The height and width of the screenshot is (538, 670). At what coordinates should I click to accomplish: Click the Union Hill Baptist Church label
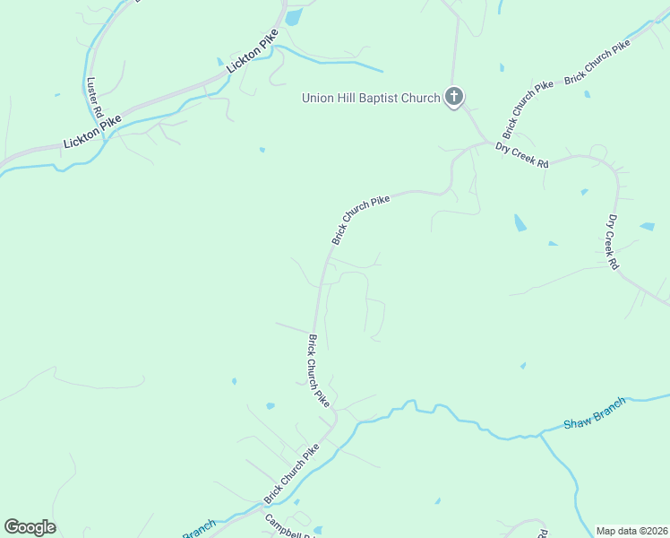371,98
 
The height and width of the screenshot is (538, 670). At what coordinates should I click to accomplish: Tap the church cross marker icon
454,97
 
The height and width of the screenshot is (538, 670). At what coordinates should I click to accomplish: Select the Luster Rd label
92,98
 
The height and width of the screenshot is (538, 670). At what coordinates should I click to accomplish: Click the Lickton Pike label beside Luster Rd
91,132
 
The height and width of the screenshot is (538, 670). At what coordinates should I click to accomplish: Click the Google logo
30,527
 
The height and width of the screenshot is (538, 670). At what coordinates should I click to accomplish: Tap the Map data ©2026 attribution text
631,531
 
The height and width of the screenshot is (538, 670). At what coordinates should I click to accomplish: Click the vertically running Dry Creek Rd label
613,242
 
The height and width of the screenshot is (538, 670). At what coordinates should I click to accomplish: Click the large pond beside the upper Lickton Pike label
294,16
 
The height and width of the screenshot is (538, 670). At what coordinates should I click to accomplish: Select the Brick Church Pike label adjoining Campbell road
291,473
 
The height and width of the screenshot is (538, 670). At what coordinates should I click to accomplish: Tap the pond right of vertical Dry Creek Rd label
647,227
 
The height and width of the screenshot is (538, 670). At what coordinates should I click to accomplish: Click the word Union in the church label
317,98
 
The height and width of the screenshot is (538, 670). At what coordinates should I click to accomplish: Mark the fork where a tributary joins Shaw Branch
541,435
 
